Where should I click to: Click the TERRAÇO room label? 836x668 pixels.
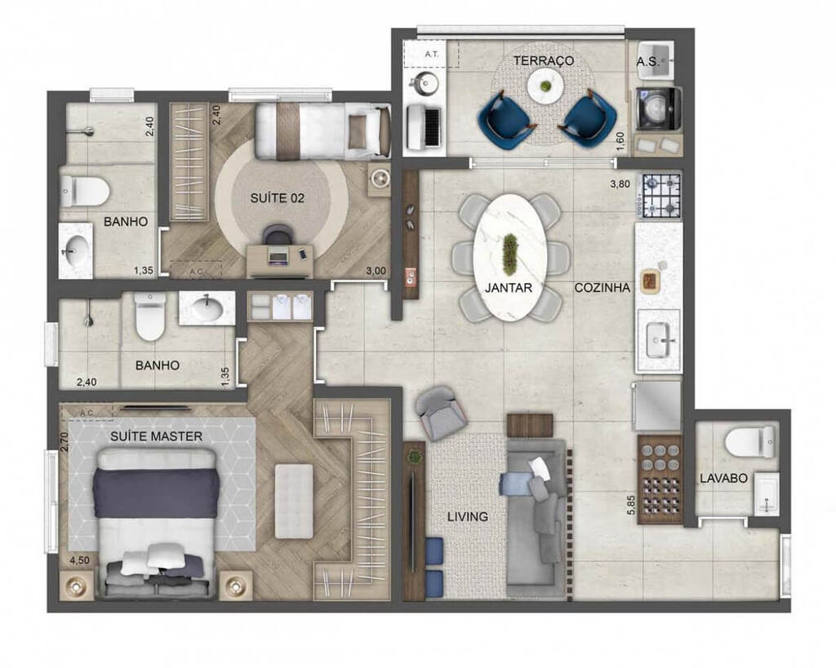pos(544,61)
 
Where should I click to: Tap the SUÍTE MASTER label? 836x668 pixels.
pos(156,437)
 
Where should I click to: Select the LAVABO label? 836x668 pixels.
pos(723,479)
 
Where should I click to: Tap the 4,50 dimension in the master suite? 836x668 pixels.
pos(78,561)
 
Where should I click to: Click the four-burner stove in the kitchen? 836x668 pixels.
pos(661,196)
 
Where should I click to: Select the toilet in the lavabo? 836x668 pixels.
pos(749,442)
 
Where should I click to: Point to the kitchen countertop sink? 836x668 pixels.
pos(661,339)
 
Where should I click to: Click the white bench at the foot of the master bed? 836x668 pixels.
pos(294,500)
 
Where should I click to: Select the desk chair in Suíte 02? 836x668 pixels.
pos(278,237)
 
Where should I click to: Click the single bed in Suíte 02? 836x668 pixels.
pos(322,131)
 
